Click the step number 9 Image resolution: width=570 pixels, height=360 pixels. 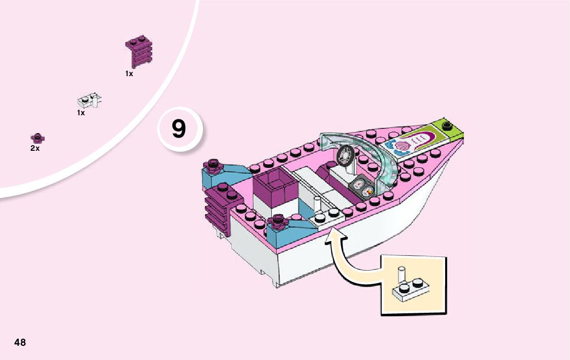click(179, 129)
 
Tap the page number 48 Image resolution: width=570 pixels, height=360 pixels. click(20, 342)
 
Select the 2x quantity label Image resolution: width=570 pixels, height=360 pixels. click(35, 149)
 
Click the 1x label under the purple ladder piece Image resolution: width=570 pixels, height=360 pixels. click(129, 74)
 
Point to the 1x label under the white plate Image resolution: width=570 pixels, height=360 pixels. click(81, 113)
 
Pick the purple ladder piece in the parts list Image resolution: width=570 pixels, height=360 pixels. click(139, 52)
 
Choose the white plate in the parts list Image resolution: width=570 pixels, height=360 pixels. click(90, 101)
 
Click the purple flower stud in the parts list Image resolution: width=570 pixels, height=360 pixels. click(37, 138)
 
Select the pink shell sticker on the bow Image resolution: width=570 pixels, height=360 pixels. click(406, 145)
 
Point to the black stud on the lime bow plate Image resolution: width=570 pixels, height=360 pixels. click(447, 125)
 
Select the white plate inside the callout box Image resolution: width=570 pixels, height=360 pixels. click(409, 289)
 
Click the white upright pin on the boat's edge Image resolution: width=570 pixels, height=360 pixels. click(317, 206)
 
